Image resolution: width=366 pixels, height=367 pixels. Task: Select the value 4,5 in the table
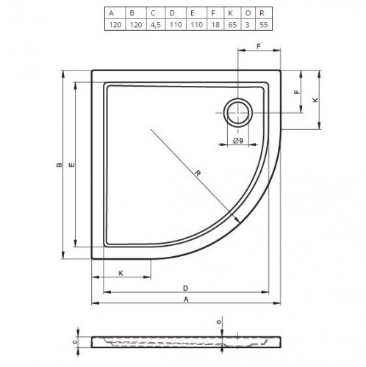[156, 25]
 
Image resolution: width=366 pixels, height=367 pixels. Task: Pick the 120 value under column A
[115, 25]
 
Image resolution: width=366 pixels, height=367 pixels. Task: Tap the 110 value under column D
[176, 25]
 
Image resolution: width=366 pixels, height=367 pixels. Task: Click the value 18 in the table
[215, 25]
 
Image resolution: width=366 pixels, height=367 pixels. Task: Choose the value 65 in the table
[232, 25]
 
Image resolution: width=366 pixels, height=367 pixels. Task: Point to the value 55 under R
[264, 25]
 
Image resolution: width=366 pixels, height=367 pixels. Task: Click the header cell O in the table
[248, 13]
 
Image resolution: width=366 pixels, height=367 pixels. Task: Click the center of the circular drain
[238, 113]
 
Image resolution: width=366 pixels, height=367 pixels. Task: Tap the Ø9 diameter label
[238, 141]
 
